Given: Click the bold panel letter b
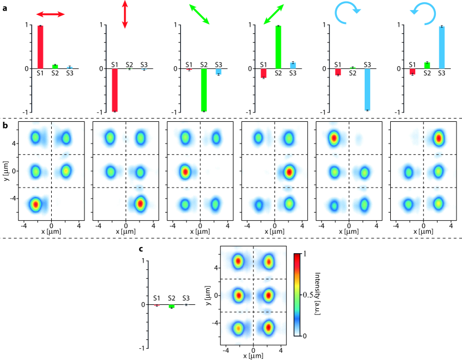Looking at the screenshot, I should (5, 126).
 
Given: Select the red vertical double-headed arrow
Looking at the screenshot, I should (125, 14).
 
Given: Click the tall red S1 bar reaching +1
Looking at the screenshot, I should (40, 47).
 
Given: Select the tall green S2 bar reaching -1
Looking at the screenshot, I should (203, 90).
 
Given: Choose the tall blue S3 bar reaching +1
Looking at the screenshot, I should (441, 47).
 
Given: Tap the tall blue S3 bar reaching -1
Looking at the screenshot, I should (367, 89).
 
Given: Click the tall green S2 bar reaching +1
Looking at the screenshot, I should (278, 47).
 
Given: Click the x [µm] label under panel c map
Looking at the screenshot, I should (254, 356).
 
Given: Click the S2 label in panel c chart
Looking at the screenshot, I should (171, 298).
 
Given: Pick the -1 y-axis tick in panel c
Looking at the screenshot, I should (142, 348).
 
